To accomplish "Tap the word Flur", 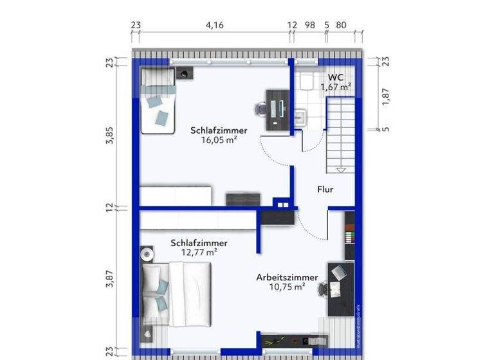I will click(x=325, y=190).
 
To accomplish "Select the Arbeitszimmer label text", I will click(x=286, y=277).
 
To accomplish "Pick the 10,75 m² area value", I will click(x=286, y=287).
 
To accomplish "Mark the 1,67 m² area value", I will click(x=336, y=86).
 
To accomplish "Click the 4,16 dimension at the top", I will click(x=215, y=26).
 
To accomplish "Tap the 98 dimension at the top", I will click(x=309, y=26).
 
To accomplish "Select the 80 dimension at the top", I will click(x=341, y=26).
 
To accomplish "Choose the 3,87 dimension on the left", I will click(x=110, y=280).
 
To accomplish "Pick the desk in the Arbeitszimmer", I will click(x=341, y=289).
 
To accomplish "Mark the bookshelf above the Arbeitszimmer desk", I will click(x=349, y=235).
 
